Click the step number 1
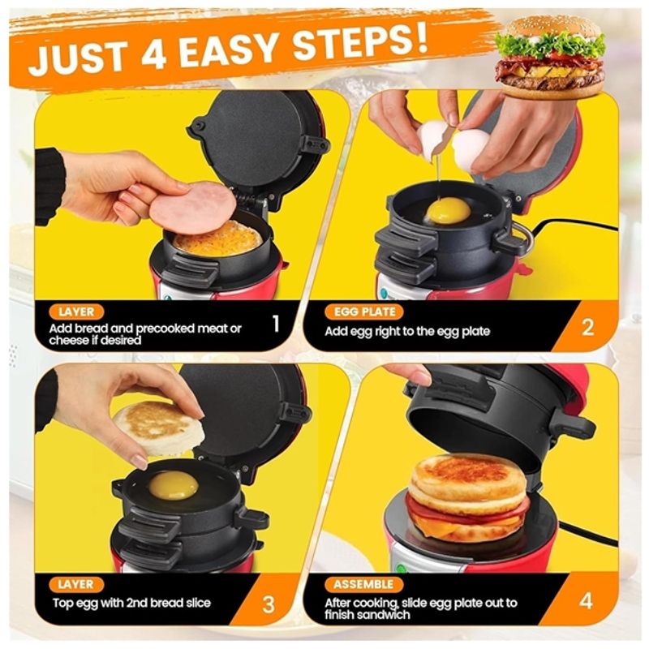(x=275, y=324)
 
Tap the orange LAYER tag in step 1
(x=76, y=312)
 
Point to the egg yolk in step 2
(x=449, y=211)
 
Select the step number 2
(x=587, y=327)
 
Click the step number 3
(x=269, y=604)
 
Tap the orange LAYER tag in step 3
(x=76, y=584)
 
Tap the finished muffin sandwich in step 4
(x=467, y=496)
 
